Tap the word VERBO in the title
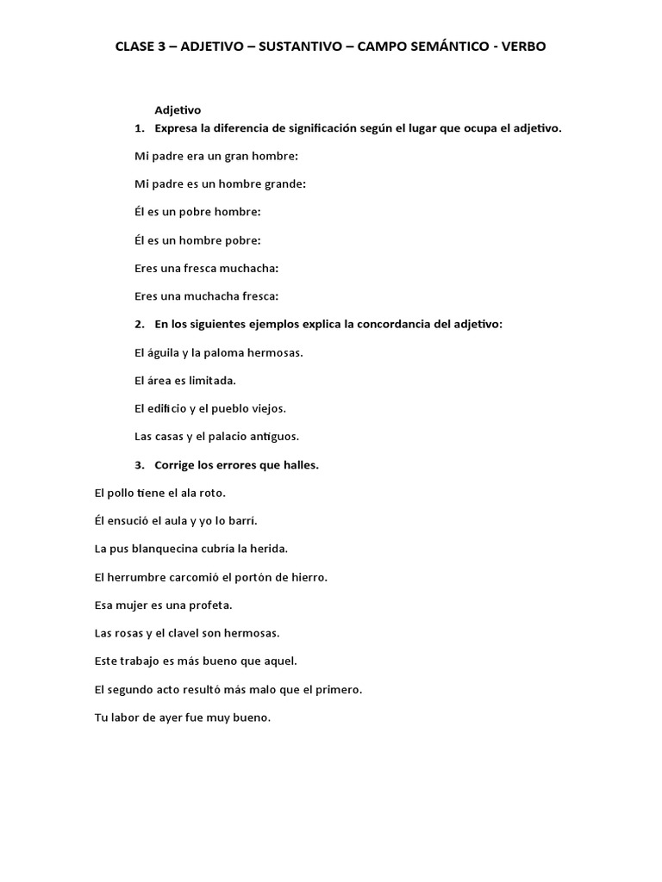(x=518, y=47)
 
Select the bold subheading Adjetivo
(x=178, y=110)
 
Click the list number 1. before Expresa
(x=140, y=128)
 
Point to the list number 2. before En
(x=140, y=324)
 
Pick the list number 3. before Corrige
(x=140, y=465)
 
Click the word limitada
(x=209, y=380)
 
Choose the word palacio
(x=238, y=436)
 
